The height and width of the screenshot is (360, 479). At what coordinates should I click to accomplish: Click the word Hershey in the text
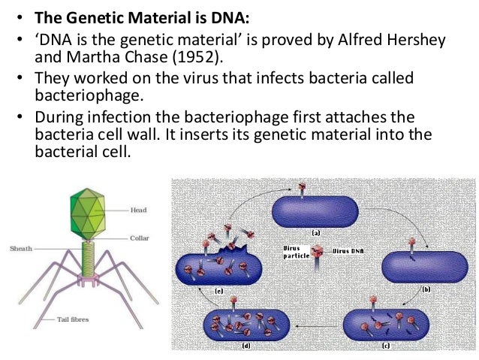tap(427, 38)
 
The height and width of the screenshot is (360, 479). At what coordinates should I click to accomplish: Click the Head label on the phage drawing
tap(139, 210)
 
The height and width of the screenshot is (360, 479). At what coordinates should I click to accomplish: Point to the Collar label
tap(140, 238)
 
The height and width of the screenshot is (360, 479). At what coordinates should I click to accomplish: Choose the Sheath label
tap(20, 248)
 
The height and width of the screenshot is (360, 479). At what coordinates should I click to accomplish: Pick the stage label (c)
tap(386, 345)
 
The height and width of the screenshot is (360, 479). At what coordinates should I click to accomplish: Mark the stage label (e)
tap(220, 289)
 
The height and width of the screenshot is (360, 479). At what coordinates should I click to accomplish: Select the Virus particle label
tap(296, 251)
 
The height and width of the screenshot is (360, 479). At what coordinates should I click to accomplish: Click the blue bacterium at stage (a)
tap(316, 211)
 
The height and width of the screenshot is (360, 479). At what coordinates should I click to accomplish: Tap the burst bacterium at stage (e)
tap(218, 264)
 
